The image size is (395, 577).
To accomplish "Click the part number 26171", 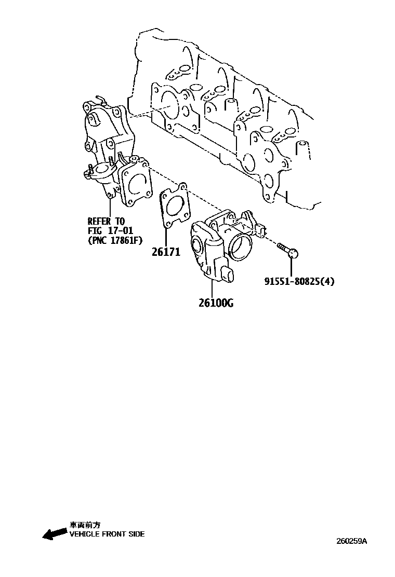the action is (x=166, y=253).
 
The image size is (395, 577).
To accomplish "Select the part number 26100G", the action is (x=216, y=303).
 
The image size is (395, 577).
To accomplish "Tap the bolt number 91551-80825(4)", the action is (x=299, y=282).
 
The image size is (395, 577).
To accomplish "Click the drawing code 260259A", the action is (x=351, y=541).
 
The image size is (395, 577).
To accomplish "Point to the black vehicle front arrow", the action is (x=54, y=534).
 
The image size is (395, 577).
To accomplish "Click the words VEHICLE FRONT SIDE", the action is (x=107, y=534).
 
